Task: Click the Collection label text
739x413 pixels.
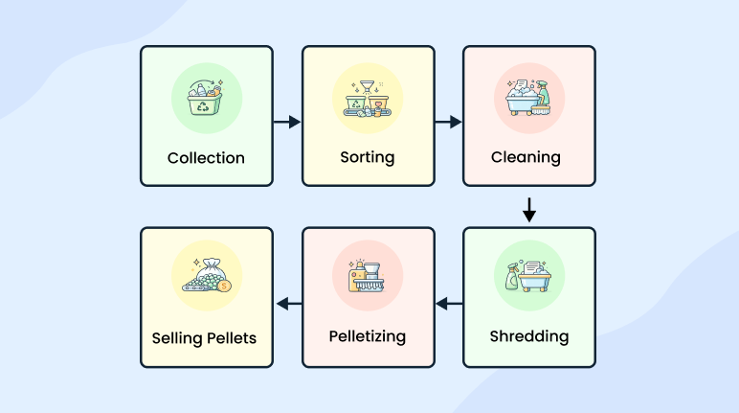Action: click(206, 157)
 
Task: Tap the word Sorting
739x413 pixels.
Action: click(368, 157)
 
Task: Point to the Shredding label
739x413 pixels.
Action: click(528, 336)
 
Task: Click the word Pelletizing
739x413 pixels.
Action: click(368, 336)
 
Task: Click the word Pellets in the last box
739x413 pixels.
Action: click(235, 337)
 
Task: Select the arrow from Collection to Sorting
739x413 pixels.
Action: click(286, 122)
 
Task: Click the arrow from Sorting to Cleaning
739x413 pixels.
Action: click(448, 122)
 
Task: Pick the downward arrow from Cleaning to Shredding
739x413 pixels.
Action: click(529, 209)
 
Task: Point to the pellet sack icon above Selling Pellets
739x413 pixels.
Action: click(206, 279)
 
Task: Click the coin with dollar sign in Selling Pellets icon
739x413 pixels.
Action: click(222, 286)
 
